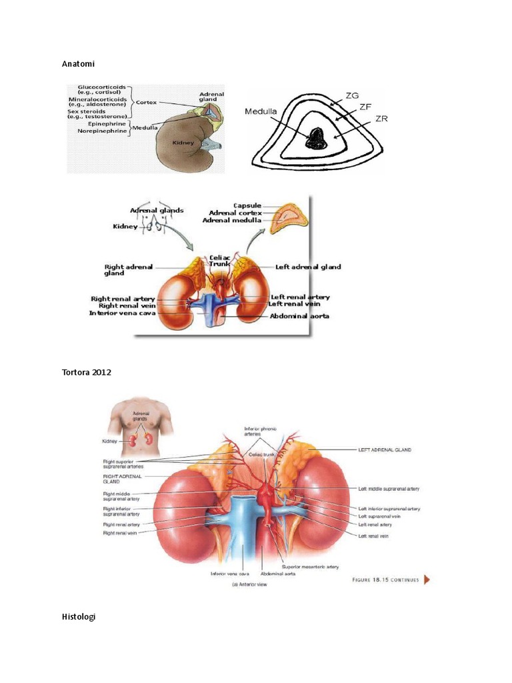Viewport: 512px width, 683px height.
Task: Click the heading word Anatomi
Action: [x=78, y=64]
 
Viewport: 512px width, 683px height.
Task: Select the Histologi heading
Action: [x=79, y=617]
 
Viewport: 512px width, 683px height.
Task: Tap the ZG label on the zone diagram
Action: [x=353, y=96]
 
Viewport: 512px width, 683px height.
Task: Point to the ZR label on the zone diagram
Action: [x=381, y=119]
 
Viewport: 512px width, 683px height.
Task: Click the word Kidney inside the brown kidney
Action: [x=183, y=143]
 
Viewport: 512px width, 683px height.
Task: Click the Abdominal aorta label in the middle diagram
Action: [x=300, y=316]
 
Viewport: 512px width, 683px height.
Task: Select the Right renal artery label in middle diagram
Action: [x=123, y=298]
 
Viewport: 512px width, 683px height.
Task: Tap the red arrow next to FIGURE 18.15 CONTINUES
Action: [x=427, y=580]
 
